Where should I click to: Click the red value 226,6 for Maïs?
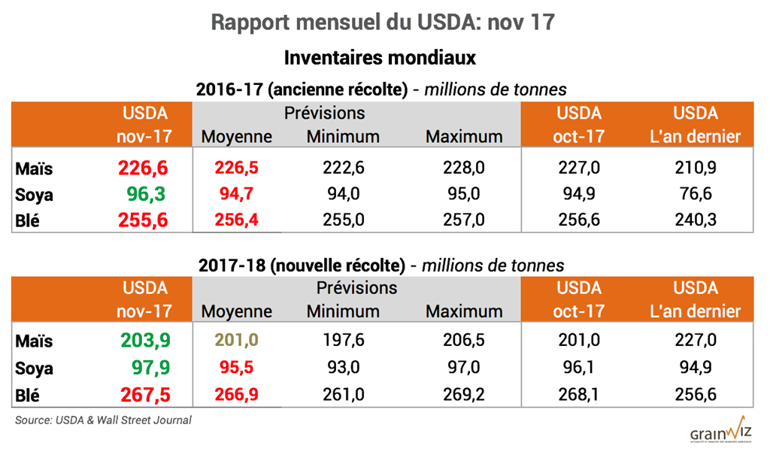[x=144, y=168]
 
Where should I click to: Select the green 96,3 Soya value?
[x=144, y=194]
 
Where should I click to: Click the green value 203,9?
[x=144, y=341]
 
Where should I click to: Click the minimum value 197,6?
[x=343, y=341]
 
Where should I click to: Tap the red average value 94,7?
[x=236, y=194]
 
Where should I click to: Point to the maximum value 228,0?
[x=464, y=168]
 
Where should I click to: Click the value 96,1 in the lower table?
[x=579, y=369]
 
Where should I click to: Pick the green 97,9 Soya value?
[x=144, y=369]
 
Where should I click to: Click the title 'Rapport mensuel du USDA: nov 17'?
[x=383, y=23]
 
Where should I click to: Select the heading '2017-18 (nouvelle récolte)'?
[x=302, y=265]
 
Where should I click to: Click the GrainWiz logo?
[x=720, y=432]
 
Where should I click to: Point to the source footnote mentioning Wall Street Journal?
[x=103, y=420]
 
